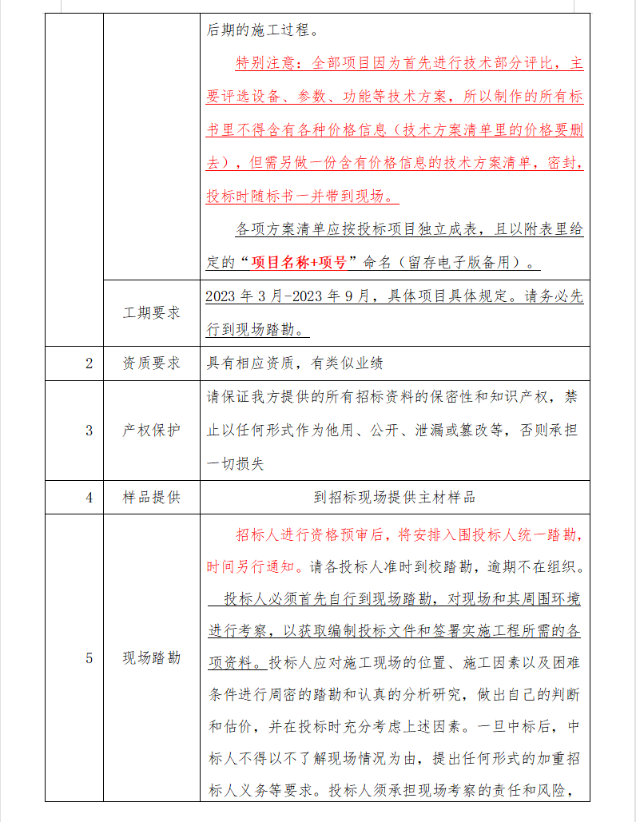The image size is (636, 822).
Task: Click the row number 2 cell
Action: (x=89, y=363)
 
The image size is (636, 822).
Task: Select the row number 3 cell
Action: (x=89, y=431)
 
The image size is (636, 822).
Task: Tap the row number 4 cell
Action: (x=89, y=497)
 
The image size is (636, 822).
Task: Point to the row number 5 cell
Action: (x=89, y=658)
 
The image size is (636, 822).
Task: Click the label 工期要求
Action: (x=152, y=312)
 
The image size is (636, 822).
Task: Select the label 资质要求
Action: (x=152, y=363)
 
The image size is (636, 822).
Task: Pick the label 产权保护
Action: (x=152, y=431)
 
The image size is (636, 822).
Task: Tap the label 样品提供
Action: (x=152, y=497)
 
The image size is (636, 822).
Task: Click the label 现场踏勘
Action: (x=152, y=658)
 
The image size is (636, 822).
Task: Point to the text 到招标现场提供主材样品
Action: (x=395, y=497)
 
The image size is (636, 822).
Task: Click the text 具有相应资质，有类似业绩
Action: (x=295, y=363)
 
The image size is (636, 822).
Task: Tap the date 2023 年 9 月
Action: (x=335, y=296)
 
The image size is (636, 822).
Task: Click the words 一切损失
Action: (x=236, y=463)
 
